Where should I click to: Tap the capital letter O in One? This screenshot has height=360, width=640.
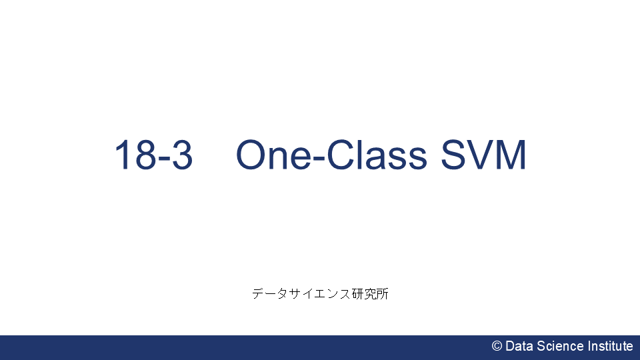coord(252,155)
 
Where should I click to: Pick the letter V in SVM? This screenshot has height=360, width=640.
coord(481,155)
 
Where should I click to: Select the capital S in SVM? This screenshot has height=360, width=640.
coord(453,155)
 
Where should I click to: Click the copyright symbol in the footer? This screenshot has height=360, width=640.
coord(497,346)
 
